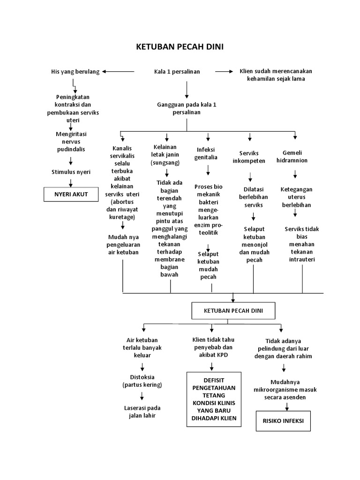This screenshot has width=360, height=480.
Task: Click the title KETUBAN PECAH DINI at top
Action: click(180, 47)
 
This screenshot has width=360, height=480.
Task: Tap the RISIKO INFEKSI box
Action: click(283, 420)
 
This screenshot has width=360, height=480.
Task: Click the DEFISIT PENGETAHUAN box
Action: click(214, 399)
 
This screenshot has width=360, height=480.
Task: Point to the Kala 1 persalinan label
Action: click(177, 72)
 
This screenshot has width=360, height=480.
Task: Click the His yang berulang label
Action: click(75, 72)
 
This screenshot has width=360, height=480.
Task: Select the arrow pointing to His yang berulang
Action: click(118, 72)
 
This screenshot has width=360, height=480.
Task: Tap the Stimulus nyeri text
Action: click(71, 172)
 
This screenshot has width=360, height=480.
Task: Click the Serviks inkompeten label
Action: click(249, 157)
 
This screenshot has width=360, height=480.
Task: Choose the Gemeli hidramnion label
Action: click(295, 157)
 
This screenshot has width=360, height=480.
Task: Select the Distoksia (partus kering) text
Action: click(142, 381)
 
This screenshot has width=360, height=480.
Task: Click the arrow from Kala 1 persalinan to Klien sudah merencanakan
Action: click(224, 72)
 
